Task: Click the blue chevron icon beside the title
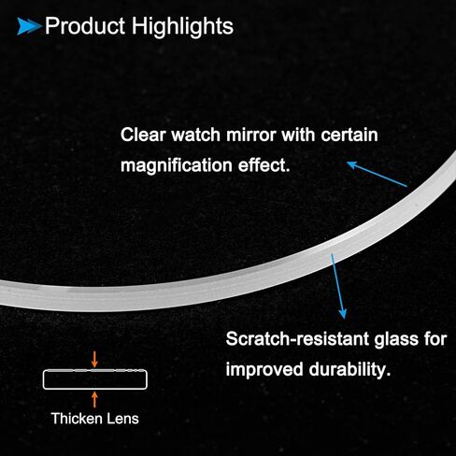[x=29, y=26]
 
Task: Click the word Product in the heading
[x=85, y=26]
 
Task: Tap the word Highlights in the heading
[x=182, y=27]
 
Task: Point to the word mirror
[x=251, y=135]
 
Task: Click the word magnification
[x=177, y=165]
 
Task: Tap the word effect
[x=264, y=164]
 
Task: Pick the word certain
[x=349, y=135]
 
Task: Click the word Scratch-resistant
[x=297, y=338]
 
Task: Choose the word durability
[x=349, y=370]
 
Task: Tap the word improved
[x=264, y=370]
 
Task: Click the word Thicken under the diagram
[x=77, y=419]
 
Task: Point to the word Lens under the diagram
[x=122, y=419]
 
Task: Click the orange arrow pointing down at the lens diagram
[x=94, y=360]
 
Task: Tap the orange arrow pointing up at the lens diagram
[x=94, y=399]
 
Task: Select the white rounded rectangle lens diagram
[x=95, y=370]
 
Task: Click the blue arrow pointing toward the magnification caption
[x=377, y=174]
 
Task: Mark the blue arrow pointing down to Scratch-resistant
[x=337, y=287]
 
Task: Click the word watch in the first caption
[x=196, y=135]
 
